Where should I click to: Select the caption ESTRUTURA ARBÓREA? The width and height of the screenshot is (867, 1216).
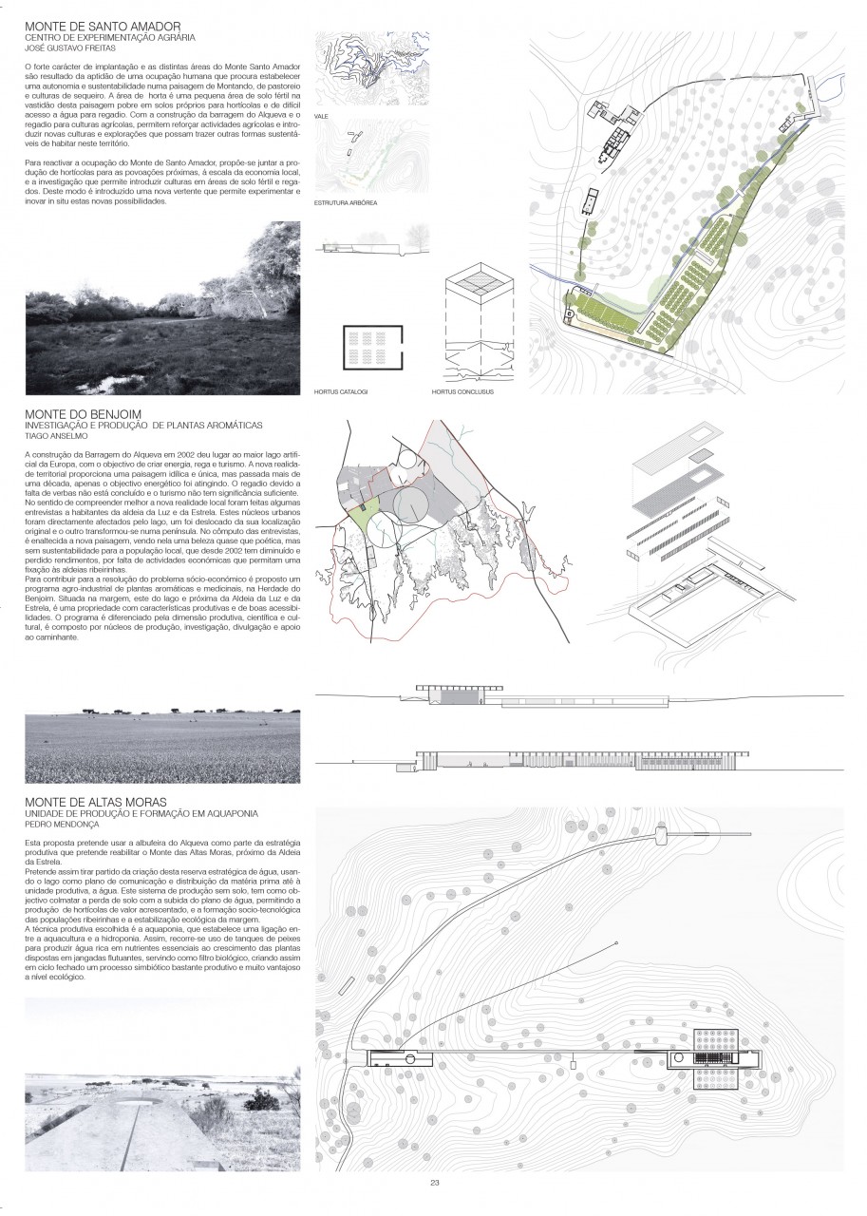pyautogui.click(x=345, y=203)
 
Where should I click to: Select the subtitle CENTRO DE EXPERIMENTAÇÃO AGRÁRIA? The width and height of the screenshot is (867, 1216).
pyautogui.click(x=109, y=36)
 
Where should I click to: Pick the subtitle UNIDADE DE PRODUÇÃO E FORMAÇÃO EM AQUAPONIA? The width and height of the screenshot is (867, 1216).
pyautogui.click(x=142, y=814)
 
